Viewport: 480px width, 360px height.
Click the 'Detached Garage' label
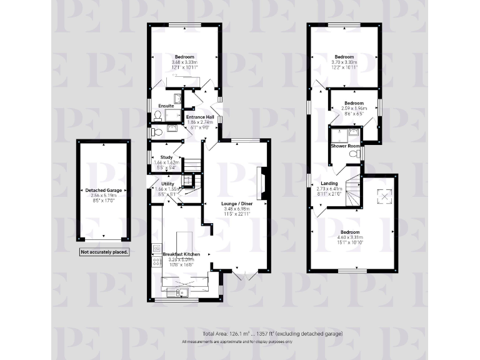[104, 189]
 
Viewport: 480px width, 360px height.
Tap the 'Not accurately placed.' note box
[104, 252]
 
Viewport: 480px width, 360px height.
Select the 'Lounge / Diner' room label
[237, 204]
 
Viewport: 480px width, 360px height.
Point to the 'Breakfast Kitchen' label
[181, 254]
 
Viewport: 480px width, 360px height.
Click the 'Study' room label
[166, 157]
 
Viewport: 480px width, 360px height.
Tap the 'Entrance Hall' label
[201, 117]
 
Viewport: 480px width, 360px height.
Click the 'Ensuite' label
[166, 106]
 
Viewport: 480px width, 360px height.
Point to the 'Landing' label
[321, 183]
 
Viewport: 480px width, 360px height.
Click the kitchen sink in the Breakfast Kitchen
[181, 292]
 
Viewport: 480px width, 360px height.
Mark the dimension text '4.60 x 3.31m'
[354, 237]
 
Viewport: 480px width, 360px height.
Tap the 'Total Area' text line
[272, 334]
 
